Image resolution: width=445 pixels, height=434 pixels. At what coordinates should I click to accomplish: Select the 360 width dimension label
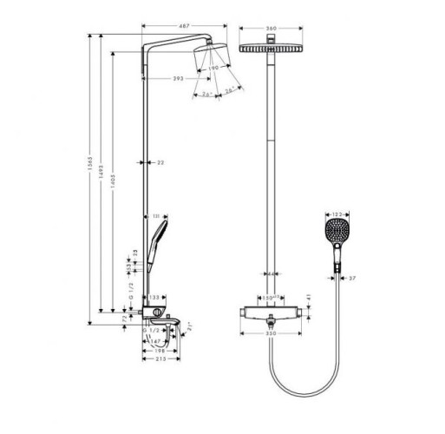coord(271,29)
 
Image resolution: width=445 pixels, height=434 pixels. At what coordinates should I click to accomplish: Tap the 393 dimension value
coord(177,79)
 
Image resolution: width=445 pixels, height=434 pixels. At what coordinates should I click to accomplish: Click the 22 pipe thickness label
coord(160,162)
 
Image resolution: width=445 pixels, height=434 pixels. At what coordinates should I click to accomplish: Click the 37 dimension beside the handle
coord(350,278)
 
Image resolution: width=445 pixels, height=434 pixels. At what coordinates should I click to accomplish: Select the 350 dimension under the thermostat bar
coord(271,333)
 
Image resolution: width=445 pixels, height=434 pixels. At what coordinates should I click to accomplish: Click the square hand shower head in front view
coord(335,235)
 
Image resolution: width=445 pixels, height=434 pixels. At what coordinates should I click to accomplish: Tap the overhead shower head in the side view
coord(213,57)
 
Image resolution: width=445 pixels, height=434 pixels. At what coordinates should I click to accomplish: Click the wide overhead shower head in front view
coord(271,51)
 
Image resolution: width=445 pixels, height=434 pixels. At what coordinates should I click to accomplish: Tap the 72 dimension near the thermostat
coord(126,319)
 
